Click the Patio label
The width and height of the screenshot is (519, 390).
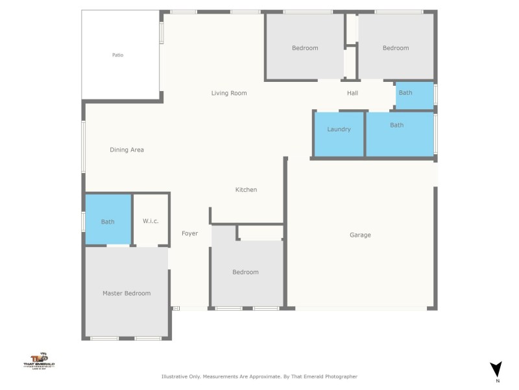pyautogui.click(x=117, y=55)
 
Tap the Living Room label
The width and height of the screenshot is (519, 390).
pyautogui.click(x=229, y=93)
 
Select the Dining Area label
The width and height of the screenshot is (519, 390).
pyautogui.click(x=127, y=150)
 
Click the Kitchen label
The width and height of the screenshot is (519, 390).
pyautogui.click(x=246, y=190)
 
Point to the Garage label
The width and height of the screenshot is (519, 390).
pyautogui.click(x=360, y=235)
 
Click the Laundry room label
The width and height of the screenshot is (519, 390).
pyautogui.click(x=339, y=129)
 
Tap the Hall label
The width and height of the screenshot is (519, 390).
pyautogui.click(x=352, y=93)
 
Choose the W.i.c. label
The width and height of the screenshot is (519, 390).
pyautogui.click(x=151, y=222)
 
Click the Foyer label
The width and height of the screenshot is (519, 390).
pyautogui.click(x=189, y=233)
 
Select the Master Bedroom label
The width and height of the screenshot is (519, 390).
pyautogui.click(x=127, y=293)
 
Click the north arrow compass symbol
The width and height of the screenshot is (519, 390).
pyautogui.click(x=496, y=370)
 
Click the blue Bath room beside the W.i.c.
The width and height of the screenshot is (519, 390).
pyautogui.click(x=108, y=222)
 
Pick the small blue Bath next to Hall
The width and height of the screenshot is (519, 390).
pyautogui.click(x=405, y=93)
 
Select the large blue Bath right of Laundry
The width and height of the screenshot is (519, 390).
pyautogui.click(x=396, y=125)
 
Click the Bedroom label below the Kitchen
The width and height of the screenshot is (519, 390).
pyautogui.click(x=245, y=272)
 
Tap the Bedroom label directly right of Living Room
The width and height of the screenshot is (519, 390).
pyautogui.click(x=305, y=48)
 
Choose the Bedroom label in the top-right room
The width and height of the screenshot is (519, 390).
pyautogui.click(x=396, y=48)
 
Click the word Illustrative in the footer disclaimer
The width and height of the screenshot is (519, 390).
pyautogui.click(x=175, y=376)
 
